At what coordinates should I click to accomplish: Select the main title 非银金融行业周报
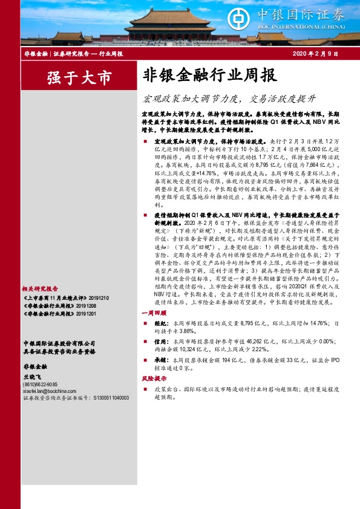pyautogui.click(x=209, y=76)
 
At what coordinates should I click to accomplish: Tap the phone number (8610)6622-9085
pyautogui.click(x=40, y=384)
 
